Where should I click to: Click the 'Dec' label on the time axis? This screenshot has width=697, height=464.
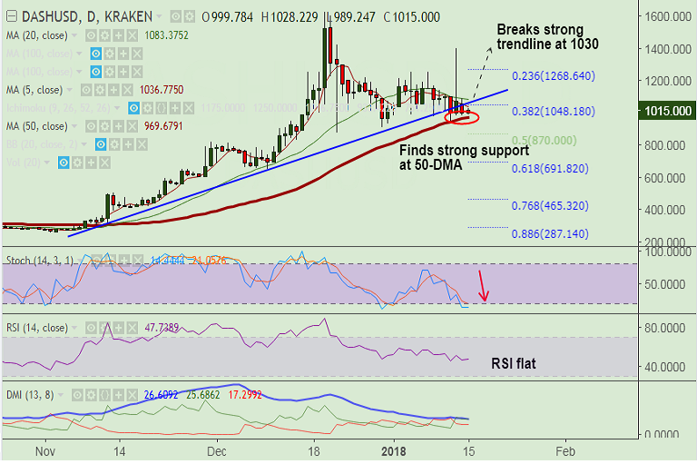[216, 450]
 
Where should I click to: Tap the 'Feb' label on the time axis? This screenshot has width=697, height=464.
[564, 450]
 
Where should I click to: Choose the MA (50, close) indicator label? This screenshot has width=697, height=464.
[35, 125]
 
